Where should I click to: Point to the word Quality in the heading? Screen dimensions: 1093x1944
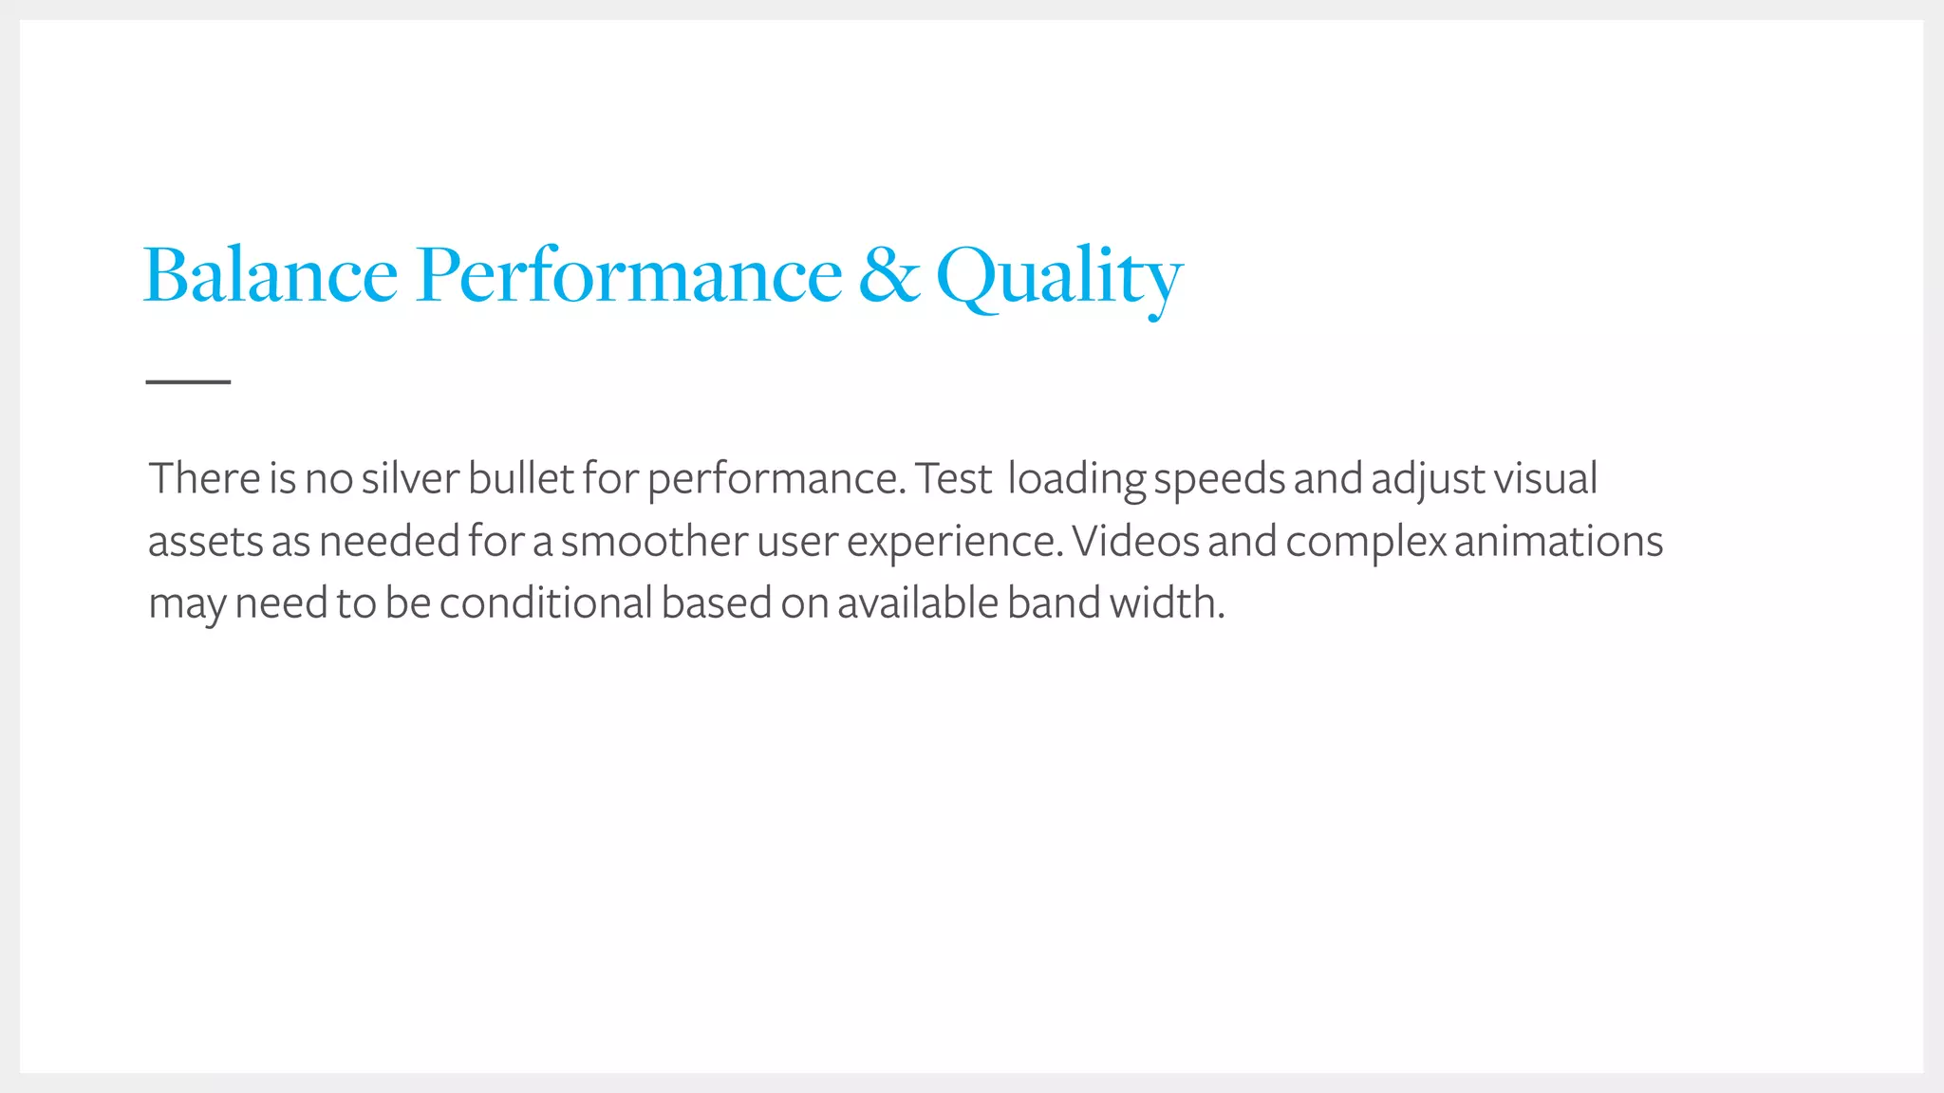coord(1059,277)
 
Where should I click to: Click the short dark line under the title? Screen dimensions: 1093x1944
coord(188,381)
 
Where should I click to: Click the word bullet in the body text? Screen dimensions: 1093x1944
coord(520,478)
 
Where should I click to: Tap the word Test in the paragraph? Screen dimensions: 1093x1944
coord(953,478)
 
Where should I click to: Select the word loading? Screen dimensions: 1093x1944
coord(1075,480)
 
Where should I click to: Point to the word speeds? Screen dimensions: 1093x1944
coord(1219,480)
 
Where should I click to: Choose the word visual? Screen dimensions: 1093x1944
coord(1545,478)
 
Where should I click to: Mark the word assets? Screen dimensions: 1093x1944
coord(205,542)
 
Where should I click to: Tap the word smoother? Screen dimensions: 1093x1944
coord(654,541)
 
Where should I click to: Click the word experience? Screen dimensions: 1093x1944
coord(954,543)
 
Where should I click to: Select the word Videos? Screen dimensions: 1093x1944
coord(1135,541)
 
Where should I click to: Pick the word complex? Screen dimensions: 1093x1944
coord(1366,543)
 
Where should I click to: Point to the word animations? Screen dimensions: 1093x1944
coord(1558,541)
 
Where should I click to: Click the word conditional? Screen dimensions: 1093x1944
coord(546,603)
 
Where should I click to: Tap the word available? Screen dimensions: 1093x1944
coord(917,603)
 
